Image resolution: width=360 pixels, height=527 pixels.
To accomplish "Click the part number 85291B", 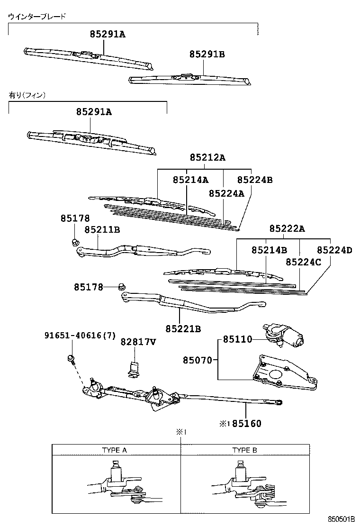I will [207, 55].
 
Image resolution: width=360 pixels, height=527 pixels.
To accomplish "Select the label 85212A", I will [207, 158].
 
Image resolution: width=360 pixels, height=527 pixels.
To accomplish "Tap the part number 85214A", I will [190, 180].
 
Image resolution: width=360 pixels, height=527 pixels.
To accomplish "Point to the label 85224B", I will [255, 180].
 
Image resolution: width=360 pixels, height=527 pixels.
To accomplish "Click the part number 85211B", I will [102, 229].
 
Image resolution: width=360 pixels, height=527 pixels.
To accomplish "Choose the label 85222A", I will [287, 229].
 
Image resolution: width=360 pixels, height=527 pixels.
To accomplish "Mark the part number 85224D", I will [334, 250].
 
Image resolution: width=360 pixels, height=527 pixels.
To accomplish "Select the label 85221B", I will [183, 328].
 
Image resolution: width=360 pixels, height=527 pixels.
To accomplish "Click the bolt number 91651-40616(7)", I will [80, 336].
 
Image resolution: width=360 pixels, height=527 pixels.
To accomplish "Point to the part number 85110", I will [235, 339].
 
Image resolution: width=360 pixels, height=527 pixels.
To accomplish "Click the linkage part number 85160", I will [247, 423].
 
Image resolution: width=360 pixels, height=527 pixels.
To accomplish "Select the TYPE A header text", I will [115, 450].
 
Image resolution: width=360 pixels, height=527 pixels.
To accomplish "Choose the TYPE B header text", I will [244, 450].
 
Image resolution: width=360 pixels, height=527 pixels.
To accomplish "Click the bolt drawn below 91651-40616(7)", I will [71, 359].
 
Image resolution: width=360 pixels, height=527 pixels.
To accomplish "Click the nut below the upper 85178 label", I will [74, 242].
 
